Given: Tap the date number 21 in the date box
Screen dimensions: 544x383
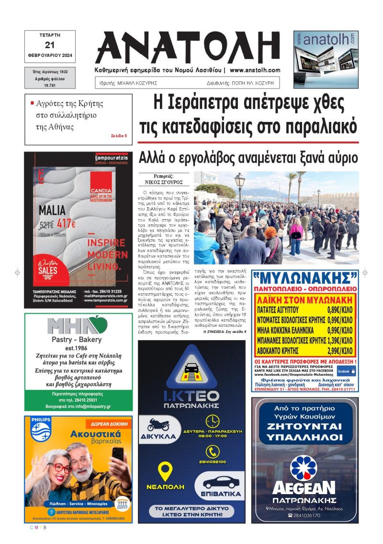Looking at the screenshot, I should [50, 45].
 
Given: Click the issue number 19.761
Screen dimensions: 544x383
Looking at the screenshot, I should [50, 84].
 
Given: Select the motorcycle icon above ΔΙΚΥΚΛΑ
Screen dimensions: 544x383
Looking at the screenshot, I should [158, 424].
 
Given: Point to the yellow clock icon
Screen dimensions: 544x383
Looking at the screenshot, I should [212, 422].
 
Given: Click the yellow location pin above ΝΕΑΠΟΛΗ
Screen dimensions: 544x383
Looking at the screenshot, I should [166, 471].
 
